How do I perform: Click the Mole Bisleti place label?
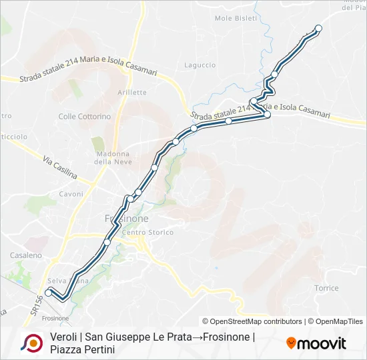pos(236,18)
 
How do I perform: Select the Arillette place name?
pos(131,92)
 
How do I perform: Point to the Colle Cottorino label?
pos(85,117)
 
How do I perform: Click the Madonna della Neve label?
pos(111,157)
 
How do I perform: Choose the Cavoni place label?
pos(71,194)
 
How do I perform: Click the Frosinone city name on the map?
pos(127,218)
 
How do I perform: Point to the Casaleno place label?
pos(26,255)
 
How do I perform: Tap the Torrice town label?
pos(326,288)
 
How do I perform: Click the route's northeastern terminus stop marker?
pos(318,28)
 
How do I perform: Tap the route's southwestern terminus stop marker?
pos(48,291)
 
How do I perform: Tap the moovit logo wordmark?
pos(316,343)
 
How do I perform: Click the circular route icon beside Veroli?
pos(31,343)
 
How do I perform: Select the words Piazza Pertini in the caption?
pos(82,349)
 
